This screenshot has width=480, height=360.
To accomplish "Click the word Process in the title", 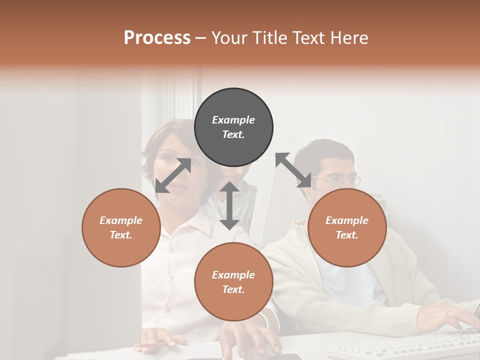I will point(157,38).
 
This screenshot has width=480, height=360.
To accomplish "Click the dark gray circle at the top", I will point(233,127).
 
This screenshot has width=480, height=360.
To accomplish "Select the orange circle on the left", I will point(121,227).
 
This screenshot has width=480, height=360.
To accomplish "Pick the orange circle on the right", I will point(347,227).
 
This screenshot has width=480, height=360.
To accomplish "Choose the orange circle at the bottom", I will point(233,281).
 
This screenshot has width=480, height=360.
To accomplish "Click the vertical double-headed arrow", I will point(229,205).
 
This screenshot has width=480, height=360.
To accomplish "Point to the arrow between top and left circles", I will point(173,175).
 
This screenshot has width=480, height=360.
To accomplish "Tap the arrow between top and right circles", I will point(293,170).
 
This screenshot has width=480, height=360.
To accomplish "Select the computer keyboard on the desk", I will point(405,345).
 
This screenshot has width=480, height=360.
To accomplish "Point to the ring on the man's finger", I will point(447,312).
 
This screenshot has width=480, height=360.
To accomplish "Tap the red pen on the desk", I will point(150,345).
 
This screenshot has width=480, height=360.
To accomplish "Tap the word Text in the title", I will point(308,38).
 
